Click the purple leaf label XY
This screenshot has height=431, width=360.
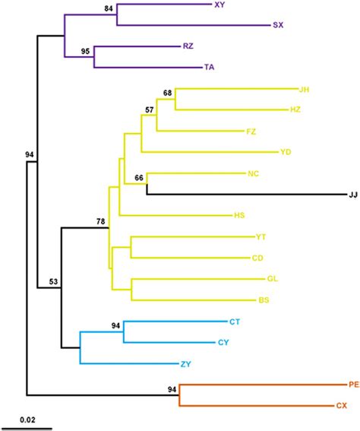220,5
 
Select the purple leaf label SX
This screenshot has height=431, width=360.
278,25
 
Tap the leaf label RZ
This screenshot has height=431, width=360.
188,46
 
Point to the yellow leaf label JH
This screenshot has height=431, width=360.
305,90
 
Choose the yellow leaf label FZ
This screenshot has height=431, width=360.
251,132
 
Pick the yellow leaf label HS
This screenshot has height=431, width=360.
240,215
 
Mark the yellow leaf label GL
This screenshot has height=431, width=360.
273,279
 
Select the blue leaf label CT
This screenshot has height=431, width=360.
234,322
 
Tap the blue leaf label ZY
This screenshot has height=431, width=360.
186,364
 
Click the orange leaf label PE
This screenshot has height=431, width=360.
353,385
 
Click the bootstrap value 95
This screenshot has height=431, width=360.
86,51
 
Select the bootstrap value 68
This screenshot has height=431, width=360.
168,93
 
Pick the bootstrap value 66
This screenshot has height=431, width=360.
139,178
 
